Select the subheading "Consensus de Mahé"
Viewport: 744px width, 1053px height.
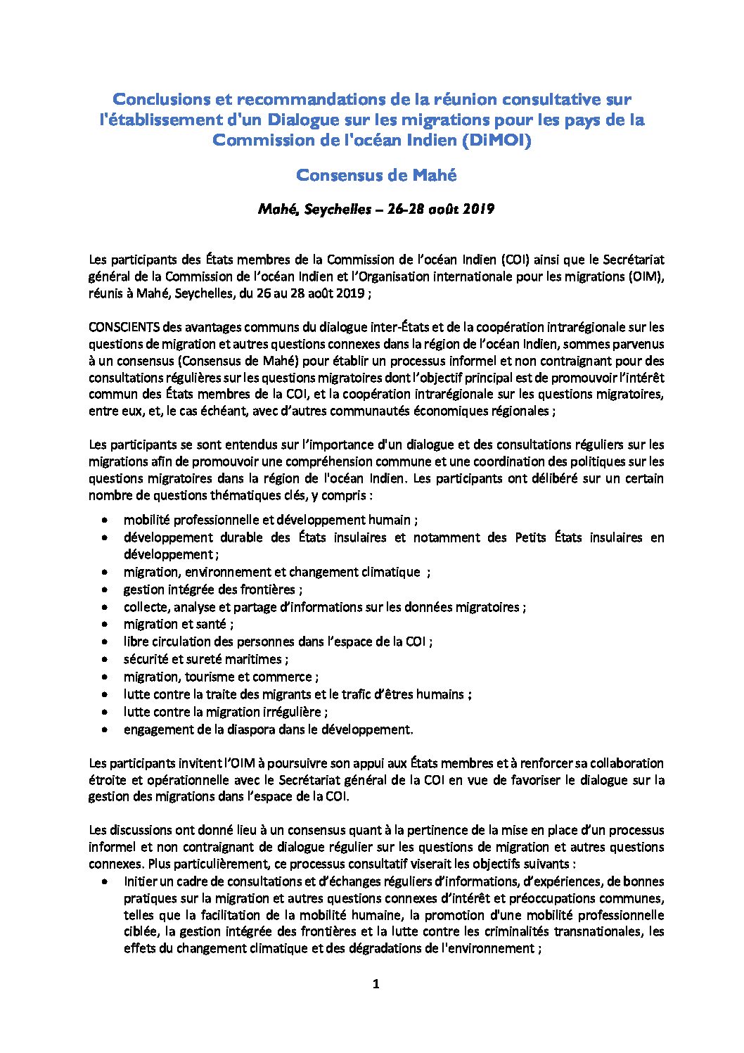click(x=376, y=175)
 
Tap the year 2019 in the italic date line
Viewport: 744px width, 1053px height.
click(x=479, y=209)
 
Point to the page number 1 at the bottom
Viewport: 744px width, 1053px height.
click(x=376, y=983)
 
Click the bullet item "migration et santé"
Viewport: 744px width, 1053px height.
click(x=179, y=624)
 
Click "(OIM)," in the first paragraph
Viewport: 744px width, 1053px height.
click(x=646, y=276)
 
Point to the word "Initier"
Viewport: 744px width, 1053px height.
click(x=140, y=881)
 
